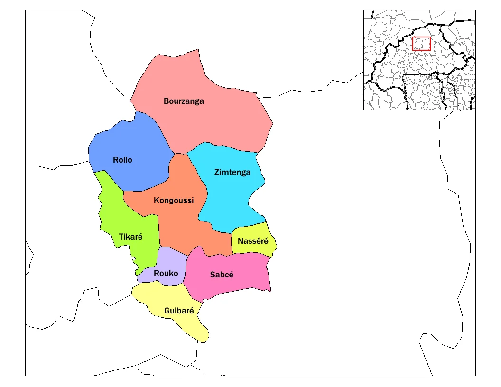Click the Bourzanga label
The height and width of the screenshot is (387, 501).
184,101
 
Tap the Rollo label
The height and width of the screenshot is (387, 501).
122,160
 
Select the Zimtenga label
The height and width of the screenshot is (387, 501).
232,172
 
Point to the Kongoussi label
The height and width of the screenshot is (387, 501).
174,200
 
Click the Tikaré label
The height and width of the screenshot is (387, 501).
130,237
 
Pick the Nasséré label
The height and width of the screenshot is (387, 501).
253,241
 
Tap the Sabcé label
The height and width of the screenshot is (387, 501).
222,275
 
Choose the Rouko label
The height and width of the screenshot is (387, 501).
166,273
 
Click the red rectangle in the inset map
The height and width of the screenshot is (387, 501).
421,44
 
